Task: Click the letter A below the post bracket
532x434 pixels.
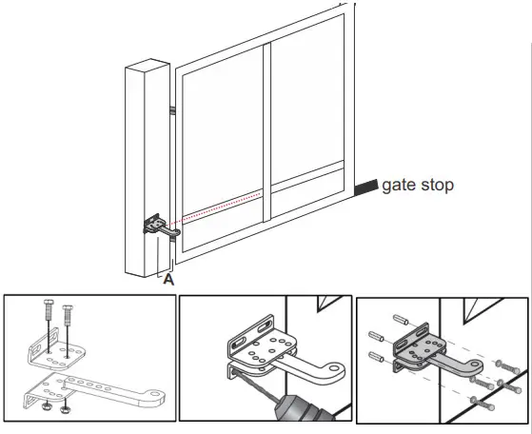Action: (x=168, y=279)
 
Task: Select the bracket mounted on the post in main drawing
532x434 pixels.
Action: (x=157, y=226)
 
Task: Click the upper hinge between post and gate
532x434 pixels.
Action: (x=173, y=110)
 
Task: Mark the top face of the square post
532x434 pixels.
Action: (x=149, y=67)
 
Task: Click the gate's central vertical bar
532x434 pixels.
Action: (x=267, y=133)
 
